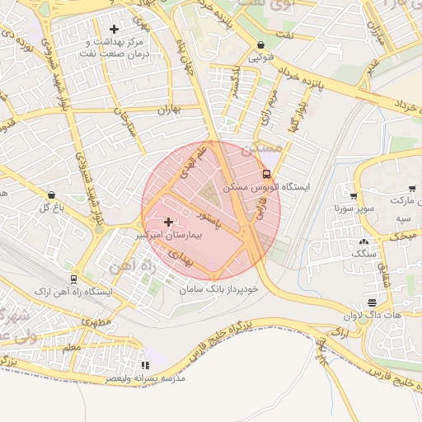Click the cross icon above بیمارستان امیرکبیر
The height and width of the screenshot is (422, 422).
point(169,222)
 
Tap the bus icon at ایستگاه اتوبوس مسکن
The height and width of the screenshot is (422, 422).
point(265,174)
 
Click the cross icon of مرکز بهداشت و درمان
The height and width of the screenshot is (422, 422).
point(114,30)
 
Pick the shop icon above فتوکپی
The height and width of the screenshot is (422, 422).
point(261,45)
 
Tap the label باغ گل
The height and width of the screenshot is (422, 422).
point(51,208)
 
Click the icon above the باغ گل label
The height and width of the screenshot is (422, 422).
point(52,195)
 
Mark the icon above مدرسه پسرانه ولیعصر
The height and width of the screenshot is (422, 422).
point(146,365)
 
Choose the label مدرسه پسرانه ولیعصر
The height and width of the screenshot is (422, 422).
point(145,377)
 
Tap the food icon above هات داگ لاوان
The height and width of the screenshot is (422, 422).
point(373,302)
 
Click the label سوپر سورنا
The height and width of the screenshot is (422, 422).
point(349,209)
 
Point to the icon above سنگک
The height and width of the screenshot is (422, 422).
point(363,241)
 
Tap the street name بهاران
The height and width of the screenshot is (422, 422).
point(167,110)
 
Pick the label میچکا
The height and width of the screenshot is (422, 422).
point(403,236)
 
